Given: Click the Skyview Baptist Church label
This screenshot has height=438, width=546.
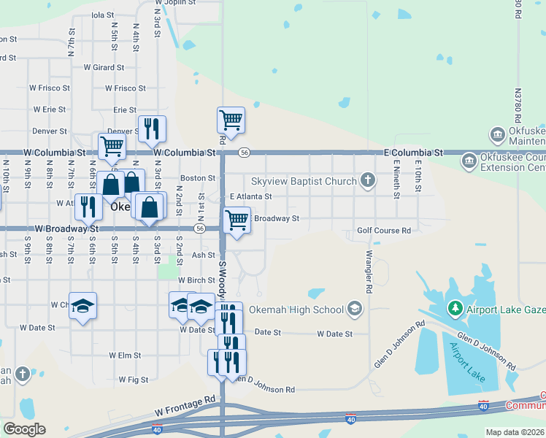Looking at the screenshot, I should [304, 181].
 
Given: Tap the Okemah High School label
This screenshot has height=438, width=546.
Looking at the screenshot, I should [296, 310].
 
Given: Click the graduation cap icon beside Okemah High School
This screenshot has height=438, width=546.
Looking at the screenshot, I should [355, 309].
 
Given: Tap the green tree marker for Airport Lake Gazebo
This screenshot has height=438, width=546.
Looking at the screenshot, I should [455, 310].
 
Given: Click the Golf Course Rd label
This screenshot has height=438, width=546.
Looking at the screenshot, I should [383, 231].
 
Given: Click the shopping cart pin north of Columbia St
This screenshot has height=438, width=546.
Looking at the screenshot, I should [231, 120].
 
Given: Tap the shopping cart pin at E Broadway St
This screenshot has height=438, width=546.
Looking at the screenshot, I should [237, 219].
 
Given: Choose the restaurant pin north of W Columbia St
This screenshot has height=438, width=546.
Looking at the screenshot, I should [152, 128].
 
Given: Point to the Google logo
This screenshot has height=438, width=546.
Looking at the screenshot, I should [23, 429].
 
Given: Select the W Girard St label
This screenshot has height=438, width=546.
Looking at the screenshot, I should [104, 67].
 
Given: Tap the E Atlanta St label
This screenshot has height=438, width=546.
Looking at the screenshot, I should [250, 196].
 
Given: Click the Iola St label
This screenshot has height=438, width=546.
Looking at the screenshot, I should [103, 15].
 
